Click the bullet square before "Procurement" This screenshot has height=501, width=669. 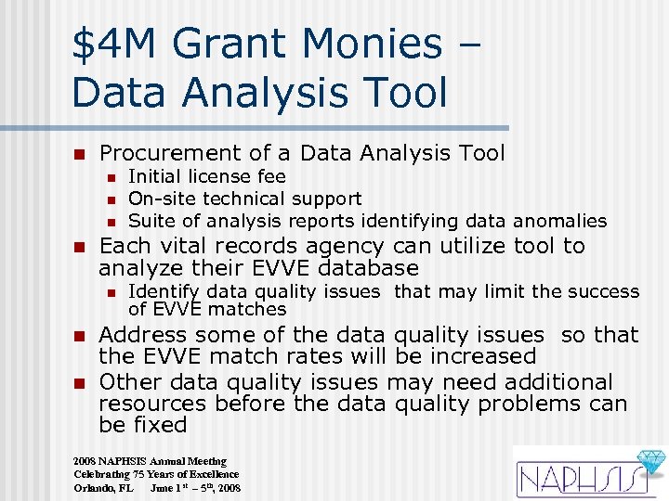point(80,154)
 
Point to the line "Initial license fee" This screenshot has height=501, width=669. point(206,176)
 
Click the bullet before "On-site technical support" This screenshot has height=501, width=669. point(110,199)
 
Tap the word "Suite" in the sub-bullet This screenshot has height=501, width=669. point(150,221)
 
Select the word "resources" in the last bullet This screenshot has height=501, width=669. point(152,404)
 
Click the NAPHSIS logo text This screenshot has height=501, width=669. point(572,479)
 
